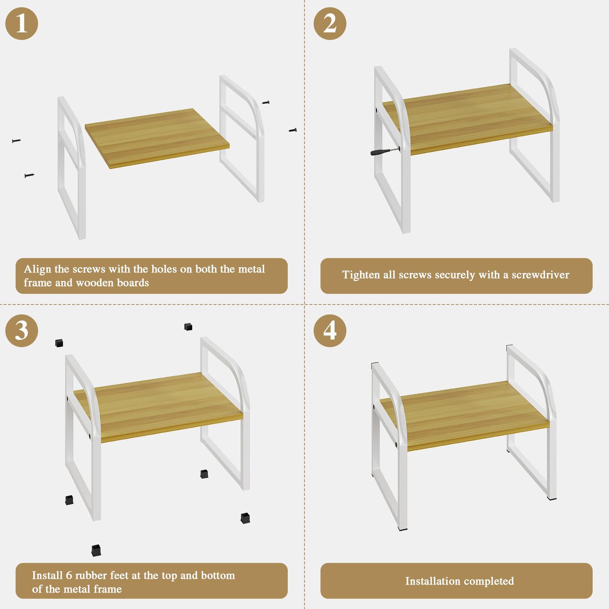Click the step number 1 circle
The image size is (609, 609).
point(22,24)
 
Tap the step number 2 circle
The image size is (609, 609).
point(330,24)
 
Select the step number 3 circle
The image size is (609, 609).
point(22,330)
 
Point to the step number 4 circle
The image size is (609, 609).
point(330,330)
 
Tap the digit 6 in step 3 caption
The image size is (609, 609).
point(69,575)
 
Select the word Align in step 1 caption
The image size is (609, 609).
point(37,269)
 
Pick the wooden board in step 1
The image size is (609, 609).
point(157,139)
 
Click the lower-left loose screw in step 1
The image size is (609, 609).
point(29,175)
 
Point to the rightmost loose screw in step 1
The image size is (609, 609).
point(293,130)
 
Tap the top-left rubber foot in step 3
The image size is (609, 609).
point(59,343)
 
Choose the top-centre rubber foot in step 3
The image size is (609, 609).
point(188,327)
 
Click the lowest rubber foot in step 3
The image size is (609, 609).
point(96,550)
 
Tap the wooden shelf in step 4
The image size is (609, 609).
point(465,416)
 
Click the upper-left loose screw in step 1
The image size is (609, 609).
point(16,141)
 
